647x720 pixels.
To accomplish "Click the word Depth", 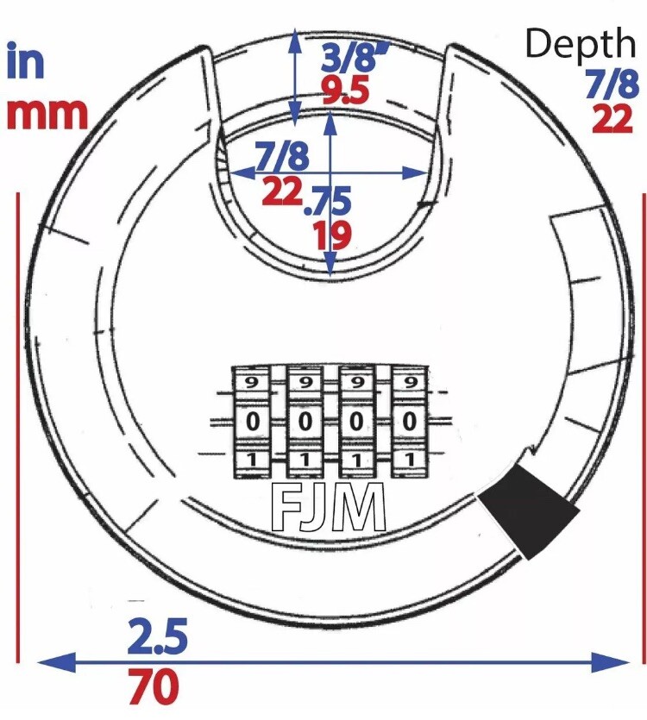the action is pos(581,43).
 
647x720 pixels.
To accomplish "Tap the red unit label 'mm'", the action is pos(47,114).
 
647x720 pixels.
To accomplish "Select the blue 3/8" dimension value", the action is pos(355,57).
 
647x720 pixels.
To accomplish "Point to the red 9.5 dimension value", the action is pos(346,90).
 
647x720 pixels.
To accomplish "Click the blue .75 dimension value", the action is pos(328,201).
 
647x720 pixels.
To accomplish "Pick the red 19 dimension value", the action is pos(334,235).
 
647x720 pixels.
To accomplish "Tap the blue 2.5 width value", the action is pos(157,636).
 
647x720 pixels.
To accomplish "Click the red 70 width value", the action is pos(154,686).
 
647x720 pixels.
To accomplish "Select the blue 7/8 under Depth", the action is pos(612,85).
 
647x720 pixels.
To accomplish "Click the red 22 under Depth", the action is pos(612,118).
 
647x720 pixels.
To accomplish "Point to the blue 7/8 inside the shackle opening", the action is pos(283,155).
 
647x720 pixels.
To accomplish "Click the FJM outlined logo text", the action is pos(329,507).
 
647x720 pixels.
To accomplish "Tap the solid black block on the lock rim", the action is pos(529,510).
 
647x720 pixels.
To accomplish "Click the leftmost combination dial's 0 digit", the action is pos(252,421).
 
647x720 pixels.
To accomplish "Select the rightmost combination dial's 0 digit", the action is pos(410,421).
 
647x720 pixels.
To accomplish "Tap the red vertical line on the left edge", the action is pos(18,428).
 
